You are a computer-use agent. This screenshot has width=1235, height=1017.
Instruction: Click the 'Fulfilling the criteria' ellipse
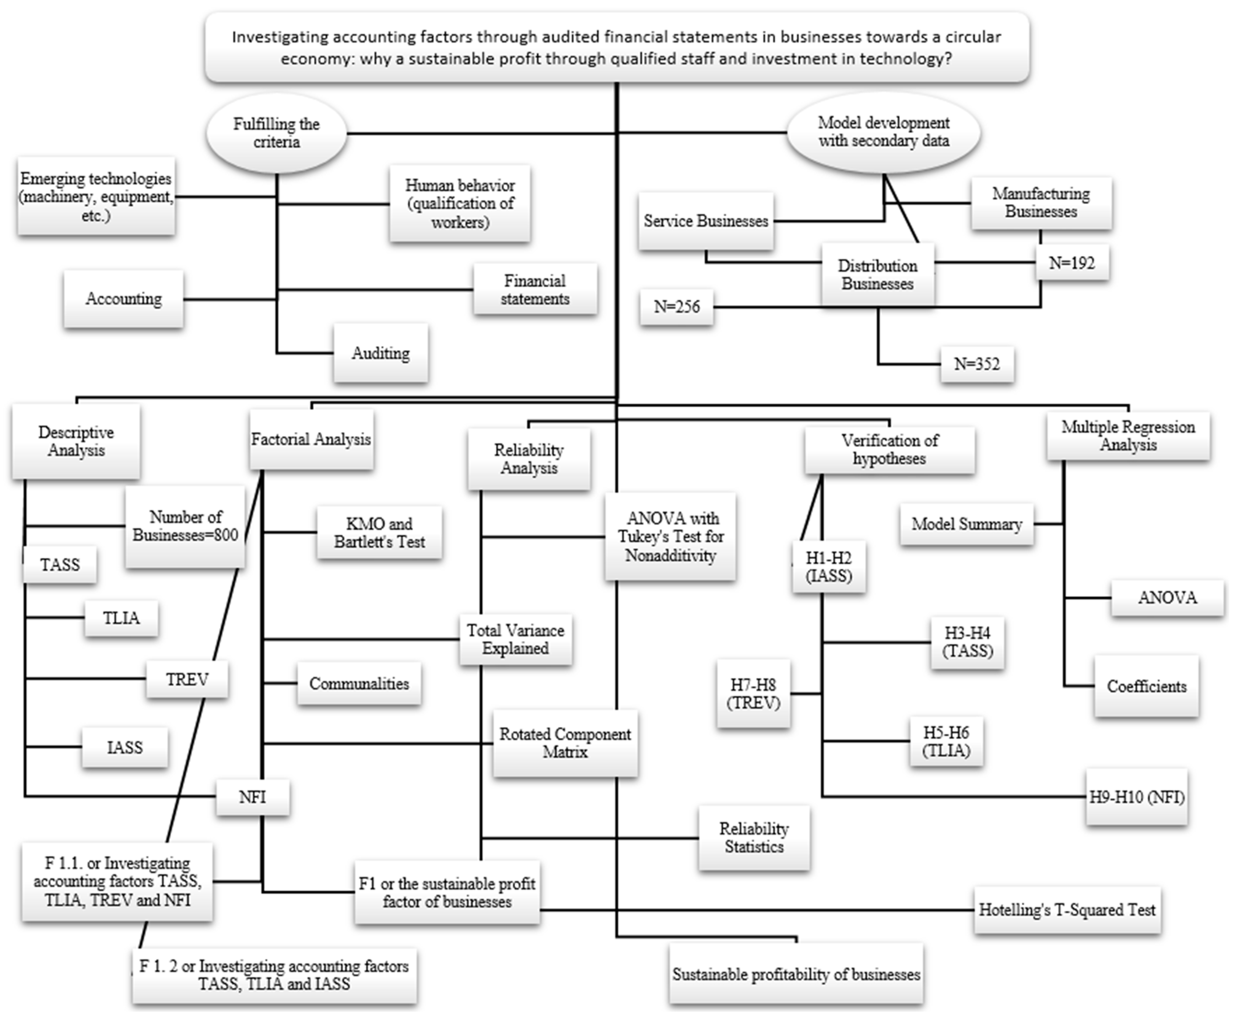coord(276,133)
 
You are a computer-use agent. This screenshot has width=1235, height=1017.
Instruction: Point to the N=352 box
coord(977,364)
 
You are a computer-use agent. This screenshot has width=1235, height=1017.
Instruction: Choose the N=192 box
coord(1072,263)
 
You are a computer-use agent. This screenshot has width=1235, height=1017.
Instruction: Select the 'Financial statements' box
coord(535,289)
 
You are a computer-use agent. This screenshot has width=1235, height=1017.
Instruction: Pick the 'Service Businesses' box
coord(706,221)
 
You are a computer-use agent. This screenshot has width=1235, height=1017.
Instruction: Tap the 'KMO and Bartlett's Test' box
coord(380,532)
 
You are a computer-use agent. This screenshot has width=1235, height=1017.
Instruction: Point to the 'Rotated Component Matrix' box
coord(565,743)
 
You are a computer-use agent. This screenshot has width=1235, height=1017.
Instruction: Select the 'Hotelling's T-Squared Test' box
coord(1067,910)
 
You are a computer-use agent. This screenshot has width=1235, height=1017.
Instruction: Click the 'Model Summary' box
coord(966,524)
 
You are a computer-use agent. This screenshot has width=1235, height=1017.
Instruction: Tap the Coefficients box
coord(1146,686)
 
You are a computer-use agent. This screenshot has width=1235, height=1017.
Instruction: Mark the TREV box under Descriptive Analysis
coord(187,679)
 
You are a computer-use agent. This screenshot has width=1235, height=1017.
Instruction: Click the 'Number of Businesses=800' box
coord(185,526)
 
